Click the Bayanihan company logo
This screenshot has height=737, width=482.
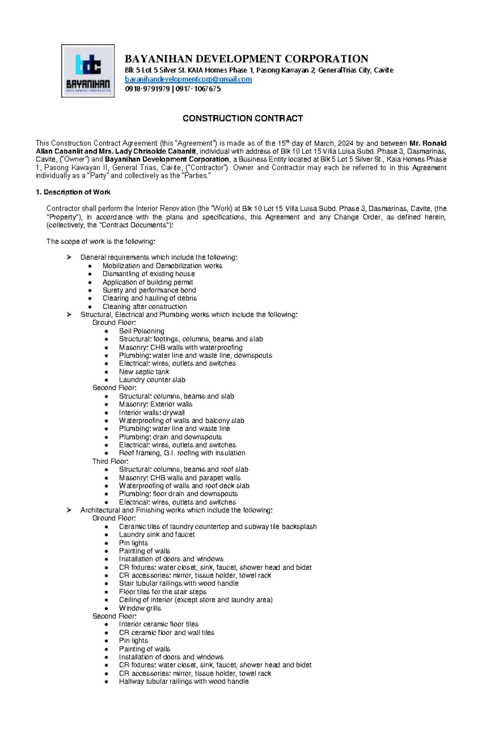click(x=88, y=71)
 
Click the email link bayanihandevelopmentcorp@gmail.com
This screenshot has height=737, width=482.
click(x=188, y=80)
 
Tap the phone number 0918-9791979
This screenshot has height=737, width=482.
click(x=147, y=89)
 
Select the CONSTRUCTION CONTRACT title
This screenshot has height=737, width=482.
click(x=242, y=118)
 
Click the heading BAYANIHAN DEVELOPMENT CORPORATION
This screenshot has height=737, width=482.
click(x=246, y=59)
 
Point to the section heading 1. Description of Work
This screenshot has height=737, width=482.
click(x=73, y=192)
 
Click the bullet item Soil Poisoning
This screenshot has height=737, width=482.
click(x=141, y=331)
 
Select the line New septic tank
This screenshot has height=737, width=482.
click(x=144, y=372)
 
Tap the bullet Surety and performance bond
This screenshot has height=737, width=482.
click(x=149, y=290)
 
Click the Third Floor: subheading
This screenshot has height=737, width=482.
click(x=110, y=461)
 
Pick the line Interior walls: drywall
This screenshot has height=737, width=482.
click(x=151, y=412)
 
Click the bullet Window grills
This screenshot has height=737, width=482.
click(x=140, y=608)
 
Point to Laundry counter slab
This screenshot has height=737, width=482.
click(x=152, y=380)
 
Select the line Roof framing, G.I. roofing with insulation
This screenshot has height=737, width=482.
click(x=182, y=453)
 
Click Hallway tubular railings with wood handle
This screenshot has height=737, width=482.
click(x=184, y=682)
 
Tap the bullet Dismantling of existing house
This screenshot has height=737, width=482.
click(x=148, y=274)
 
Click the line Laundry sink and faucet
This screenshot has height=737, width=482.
click(x=157, y=535)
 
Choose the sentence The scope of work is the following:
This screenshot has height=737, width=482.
click(x=100, y=241)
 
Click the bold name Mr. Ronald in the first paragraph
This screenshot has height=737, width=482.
click(x=427, y=143)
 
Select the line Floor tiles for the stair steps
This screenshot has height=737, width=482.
click(x=162, y=592)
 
